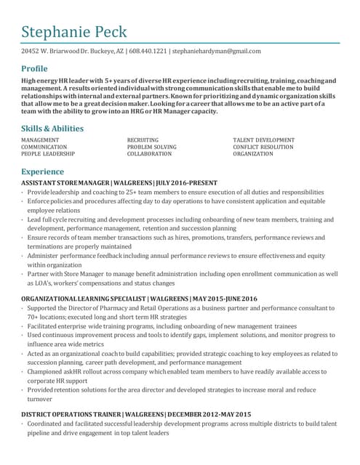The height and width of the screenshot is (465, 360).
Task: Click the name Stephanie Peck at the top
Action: (x=74, y=32)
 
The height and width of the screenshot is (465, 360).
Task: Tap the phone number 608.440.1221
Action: (x=148, y=52)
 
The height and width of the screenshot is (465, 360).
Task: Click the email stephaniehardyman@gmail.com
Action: (x=217, y=52)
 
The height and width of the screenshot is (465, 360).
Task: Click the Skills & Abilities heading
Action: (x=63, y=128)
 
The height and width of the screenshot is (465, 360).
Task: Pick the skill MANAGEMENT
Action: (x=41, y=139)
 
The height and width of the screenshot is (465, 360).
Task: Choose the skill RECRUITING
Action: (x=143, y=139)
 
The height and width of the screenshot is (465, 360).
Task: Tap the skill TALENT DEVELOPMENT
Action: (x=264, y=139)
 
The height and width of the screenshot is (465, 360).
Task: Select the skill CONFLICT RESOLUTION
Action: (x=263, y=147)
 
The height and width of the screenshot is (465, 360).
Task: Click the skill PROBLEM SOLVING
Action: (x=151, y=147)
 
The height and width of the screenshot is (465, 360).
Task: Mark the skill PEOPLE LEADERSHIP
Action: (x=48, y=154)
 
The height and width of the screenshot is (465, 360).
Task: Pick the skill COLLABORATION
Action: (x=149, y=154)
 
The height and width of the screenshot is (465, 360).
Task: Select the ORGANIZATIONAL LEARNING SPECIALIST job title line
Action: (x=139, y=299)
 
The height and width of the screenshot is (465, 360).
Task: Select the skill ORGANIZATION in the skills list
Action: (x=253, y=154)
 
